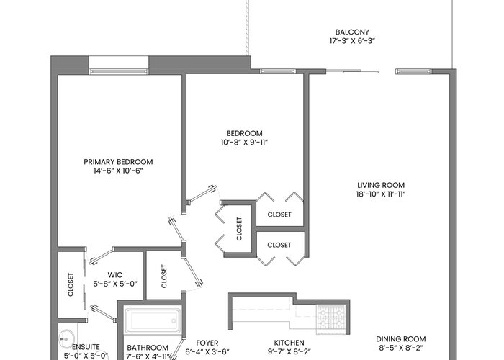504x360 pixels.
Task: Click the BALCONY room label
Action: tap(352, 32)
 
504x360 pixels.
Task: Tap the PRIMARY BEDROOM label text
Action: tap(118, 162)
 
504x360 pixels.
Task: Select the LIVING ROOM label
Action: tap(381, 185)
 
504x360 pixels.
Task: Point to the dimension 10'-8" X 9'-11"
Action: tap(244, 143)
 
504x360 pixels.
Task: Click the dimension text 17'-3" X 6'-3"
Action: tap(352, 41)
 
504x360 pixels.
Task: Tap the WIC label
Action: tap(114, 275)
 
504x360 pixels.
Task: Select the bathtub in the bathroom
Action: tap(153, 321)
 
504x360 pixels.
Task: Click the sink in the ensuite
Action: tap(66, 339)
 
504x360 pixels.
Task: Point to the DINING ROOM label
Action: tap(401, 339)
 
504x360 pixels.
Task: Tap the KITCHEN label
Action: tap(289, 343)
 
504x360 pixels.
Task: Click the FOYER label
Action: tap(207, 343)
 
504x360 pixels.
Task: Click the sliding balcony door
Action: tap(352, 71)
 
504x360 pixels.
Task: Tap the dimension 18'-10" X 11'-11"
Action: tap(381, 194)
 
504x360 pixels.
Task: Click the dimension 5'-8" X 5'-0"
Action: tap(115, 284)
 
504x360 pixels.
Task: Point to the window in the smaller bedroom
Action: tap(278, 71)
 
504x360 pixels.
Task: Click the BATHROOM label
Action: tap(148, 348)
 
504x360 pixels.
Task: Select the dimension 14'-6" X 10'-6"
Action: tap(118, 171)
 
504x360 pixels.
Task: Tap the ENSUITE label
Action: tap(86, 347)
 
